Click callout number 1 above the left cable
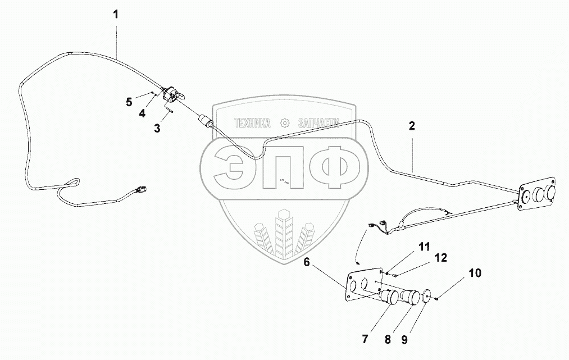pos(116,14)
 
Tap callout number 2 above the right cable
pos(412,126)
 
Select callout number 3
pos(157,128)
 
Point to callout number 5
pos(129,102)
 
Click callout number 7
pos(365,339)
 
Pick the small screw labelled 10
pos(437,299)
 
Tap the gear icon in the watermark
pos(285,122)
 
